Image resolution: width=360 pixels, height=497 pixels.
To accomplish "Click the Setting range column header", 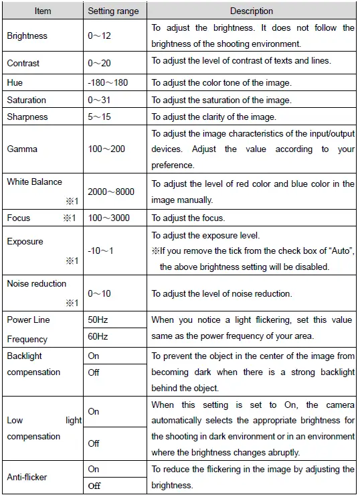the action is point(113,11).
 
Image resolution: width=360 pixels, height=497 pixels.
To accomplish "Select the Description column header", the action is point(252,11).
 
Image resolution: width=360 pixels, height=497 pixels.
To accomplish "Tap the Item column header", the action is point(43,11).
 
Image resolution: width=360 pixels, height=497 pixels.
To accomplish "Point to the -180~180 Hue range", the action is point(107,83).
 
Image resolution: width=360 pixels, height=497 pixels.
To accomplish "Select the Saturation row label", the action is point(27,100).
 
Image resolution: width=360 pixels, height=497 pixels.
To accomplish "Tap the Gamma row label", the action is point(23,149).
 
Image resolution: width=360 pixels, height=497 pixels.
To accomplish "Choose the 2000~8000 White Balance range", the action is point(111,192).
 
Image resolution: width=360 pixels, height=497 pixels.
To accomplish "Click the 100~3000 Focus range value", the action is point(109,218).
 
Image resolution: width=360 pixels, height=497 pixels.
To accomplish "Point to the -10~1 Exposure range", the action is point(101,251).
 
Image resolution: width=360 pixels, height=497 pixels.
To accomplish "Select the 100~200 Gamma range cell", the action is point(106,149).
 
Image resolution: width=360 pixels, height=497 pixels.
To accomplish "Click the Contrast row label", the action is point(23,63).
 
